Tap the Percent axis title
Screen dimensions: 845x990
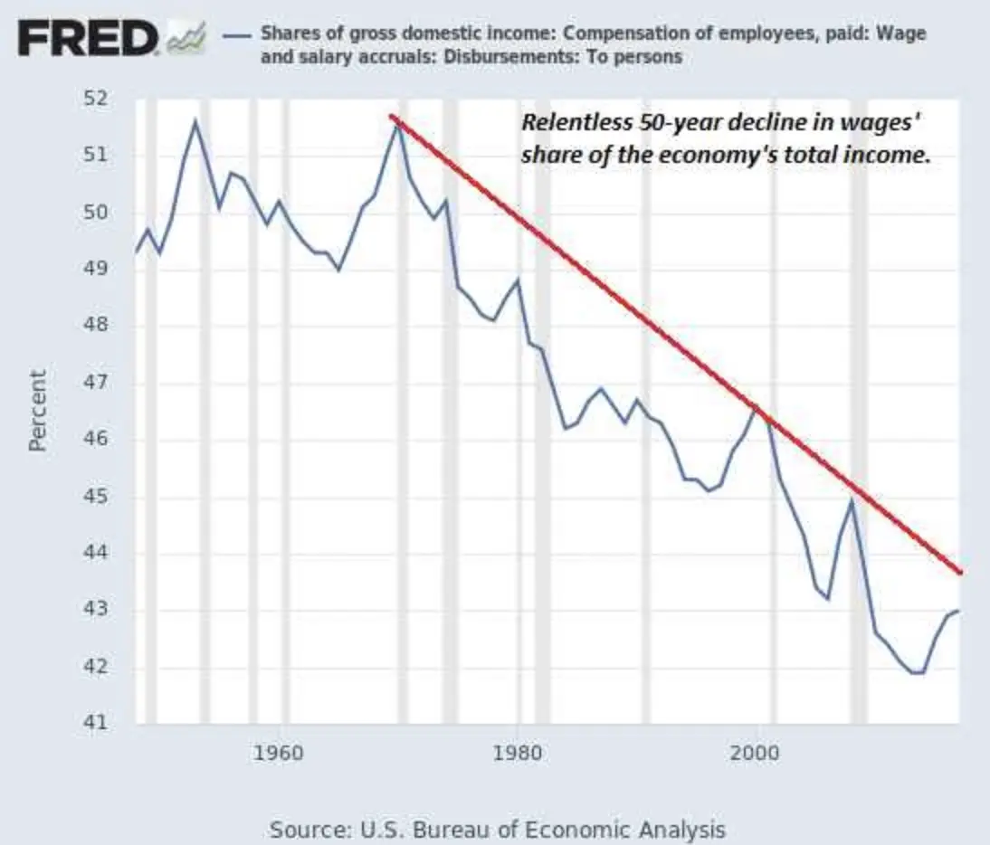point(37,410)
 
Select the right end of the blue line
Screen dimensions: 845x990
point(958,611)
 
